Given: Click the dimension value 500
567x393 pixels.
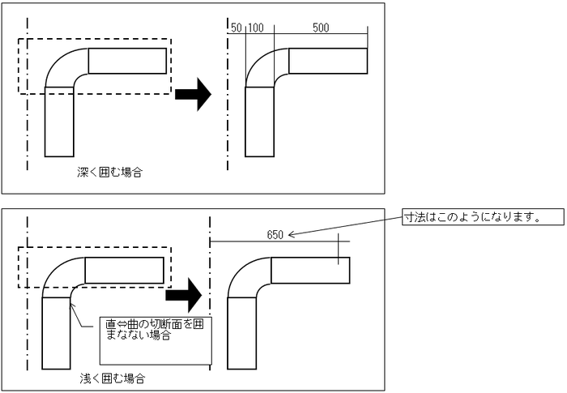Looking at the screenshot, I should [320, 28].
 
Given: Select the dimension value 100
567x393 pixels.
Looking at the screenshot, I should [256, 28].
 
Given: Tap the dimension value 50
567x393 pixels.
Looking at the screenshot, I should [237, 28].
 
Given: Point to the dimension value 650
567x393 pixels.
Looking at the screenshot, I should [275, 235].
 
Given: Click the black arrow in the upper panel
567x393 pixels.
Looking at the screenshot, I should [193, 94].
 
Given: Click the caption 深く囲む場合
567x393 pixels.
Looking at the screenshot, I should [104, 173].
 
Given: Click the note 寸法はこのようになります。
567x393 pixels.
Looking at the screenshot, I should [471, 217].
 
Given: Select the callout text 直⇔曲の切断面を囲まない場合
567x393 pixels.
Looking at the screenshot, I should [142, 330].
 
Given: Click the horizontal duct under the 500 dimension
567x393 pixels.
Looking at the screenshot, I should [328, 61].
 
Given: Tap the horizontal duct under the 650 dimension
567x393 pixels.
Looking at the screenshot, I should [310, 270].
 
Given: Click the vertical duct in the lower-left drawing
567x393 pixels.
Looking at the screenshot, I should [56, 332].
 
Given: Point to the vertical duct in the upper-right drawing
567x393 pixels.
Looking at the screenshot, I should [259, 122].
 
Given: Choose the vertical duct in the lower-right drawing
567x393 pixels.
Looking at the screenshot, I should [242, 332].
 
